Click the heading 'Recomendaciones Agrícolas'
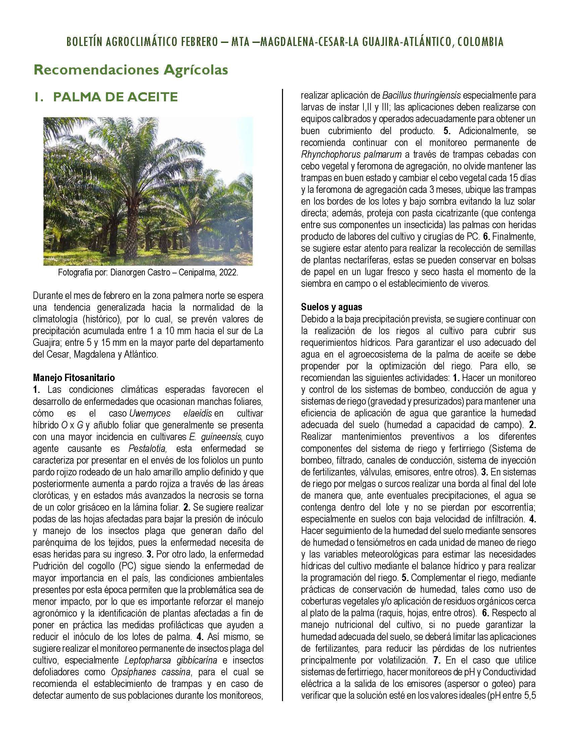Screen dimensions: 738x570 [130, 70]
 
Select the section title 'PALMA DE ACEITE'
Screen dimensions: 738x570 [115, 97]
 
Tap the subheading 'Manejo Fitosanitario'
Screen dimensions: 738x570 [74, 377]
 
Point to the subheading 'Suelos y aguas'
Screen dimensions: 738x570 [332, 307]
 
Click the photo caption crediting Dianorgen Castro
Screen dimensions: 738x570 [148, 272]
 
